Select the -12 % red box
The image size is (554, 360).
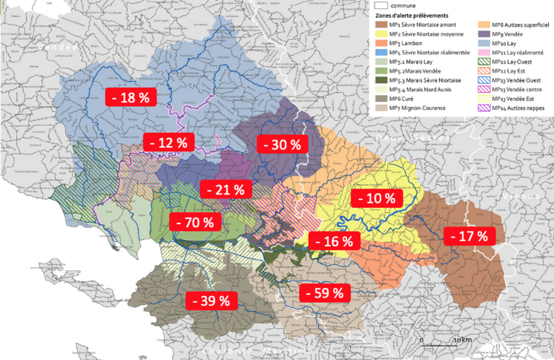[x=168, y=142]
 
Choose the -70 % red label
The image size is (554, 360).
[x=195, y=222]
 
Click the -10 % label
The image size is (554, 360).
[x=377, y=198]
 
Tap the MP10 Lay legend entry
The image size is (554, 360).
[x=498, y=44]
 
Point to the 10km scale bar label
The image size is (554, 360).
[x=461, y=339]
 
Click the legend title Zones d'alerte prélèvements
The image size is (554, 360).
[x=413, y=15]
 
